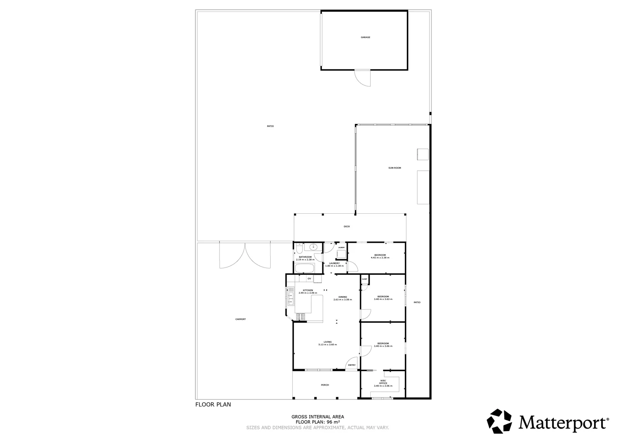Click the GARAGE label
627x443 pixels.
tap(365, 37)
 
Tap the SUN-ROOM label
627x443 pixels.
tap(395, 168)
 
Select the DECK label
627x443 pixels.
tap(347, 227)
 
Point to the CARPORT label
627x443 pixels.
tap(241, 319)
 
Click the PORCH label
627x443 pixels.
tap(325, 385)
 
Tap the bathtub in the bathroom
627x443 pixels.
tap(304, 269)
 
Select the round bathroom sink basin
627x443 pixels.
tap(313, 247)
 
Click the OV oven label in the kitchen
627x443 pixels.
tap(310, 279)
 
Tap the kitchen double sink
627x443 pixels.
tap(290, 296)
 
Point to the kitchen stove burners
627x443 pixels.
tap(300, 317)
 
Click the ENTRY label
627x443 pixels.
tap(352, 365)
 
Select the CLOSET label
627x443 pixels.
tap(365, 279)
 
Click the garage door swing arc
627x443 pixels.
tap(363, 79)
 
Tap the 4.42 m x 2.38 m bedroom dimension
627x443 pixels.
tap(380, 258)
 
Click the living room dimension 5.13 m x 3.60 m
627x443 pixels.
tap(327, 345)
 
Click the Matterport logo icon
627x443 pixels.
tap(499, 421)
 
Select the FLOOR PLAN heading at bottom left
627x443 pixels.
tap(213, 404)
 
